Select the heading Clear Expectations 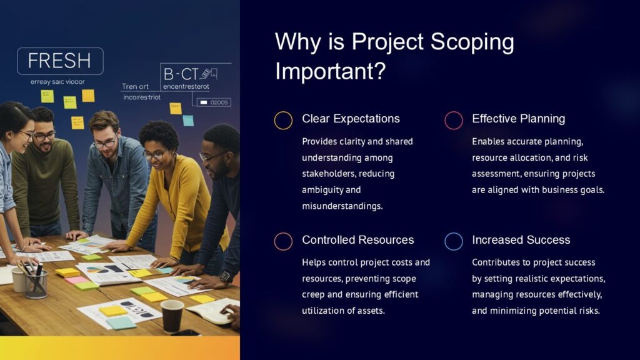351,119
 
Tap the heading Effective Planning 518,119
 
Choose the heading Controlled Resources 357,240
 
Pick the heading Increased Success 521,240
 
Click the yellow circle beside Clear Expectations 283,120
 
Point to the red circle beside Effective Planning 453,120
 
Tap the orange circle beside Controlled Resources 283,241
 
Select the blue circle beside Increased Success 453,241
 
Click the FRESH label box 60,61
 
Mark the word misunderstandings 342,206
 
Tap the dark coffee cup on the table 172,314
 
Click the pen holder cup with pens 36,283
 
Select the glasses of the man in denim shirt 104,143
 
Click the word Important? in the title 330,71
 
